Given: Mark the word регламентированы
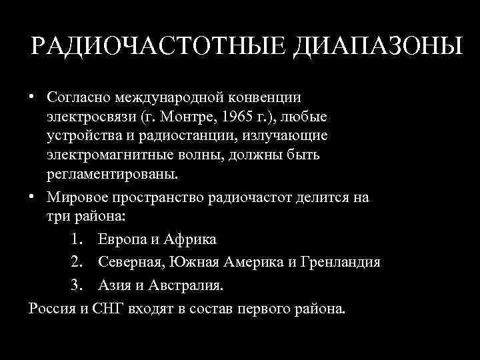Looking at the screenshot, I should coord(113,175).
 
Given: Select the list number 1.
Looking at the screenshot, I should coord(75,239).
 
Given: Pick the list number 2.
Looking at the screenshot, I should coord(75,263).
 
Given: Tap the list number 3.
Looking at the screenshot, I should coord(75,286).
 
